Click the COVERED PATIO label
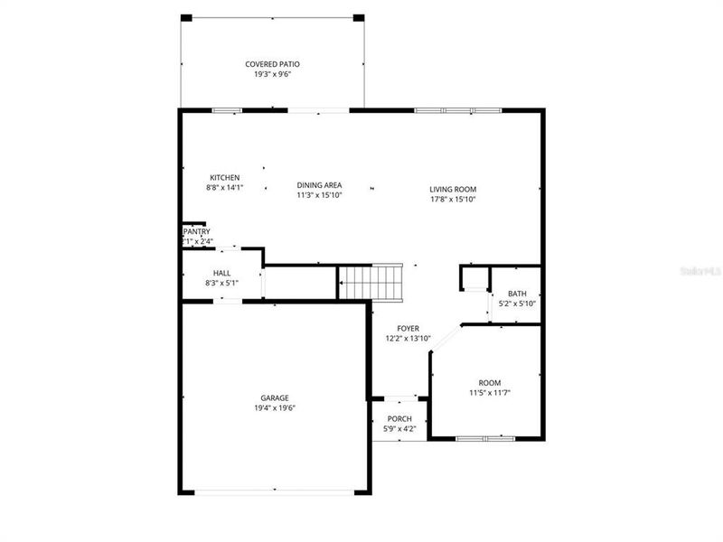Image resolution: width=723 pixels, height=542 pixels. (x=272, y=64)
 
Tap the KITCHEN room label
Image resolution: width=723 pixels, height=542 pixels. (x=224, y=177)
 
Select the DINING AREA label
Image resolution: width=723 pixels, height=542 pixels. (x=319, y=185)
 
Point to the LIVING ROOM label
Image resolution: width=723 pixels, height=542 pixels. (x=453, y=190)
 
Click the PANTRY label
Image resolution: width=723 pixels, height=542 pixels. (x=196, y=232)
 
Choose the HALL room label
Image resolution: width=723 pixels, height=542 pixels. (x=221, y=273)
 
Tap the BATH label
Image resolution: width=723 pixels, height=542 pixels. (x=517, y=294)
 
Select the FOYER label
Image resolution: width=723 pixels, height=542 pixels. (x=408, y=329)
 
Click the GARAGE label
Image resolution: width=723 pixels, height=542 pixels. (x=275, y=397)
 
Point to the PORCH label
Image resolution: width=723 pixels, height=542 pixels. (x=399, y=419)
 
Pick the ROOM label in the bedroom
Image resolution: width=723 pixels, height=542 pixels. (x=490, y=383)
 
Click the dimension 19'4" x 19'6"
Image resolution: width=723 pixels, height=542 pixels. (x=275, y=408)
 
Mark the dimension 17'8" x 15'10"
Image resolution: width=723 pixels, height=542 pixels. (x=453, y=200)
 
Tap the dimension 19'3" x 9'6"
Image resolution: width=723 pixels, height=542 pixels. (x=272, y=74)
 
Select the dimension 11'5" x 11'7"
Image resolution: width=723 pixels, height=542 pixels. (x=490, y=393)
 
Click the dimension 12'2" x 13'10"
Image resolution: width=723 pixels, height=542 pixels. (x=408, y=339)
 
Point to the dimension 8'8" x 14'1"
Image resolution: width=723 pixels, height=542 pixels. (x=224, y=188)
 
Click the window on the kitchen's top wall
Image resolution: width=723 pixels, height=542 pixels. (x=226, y=110)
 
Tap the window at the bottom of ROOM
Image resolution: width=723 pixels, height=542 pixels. (x=484, y=439)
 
